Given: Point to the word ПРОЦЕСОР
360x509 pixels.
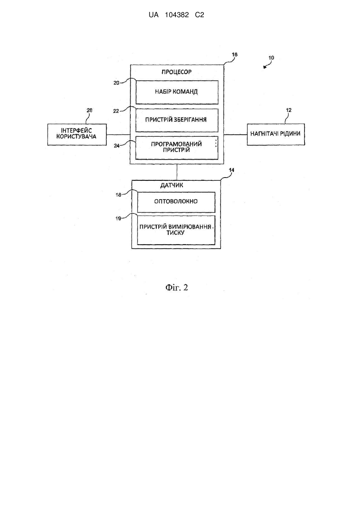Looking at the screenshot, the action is tap(177, 72).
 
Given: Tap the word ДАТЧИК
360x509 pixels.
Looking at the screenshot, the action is tap(171, 185).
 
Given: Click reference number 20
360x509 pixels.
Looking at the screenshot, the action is tap(116, 83).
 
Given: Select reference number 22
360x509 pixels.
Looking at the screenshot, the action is tap(116, 111).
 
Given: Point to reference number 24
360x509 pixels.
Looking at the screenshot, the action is tap(117, 146).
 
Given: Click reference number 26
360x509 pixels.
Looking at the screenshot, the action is tap(90, 110).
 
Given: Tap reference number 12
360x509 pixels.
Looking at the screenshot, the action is tap(288, 110).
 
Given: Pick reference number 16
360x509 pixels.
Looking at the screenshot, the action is tap(235, 54).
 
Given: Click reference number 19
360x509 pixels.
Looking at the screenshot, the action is tap(118, 218).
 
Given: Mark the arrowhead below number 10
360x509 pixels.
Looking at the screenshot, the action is tap(265, 67).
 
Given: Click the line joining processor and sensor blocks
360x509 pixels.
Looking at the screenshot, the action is tap(177, 172).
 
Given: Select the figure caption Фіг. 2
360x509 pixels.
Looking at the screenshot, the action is tap(177, 287).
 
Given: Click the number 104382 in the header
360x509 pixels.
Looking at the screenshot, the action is tap(177, 15).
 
